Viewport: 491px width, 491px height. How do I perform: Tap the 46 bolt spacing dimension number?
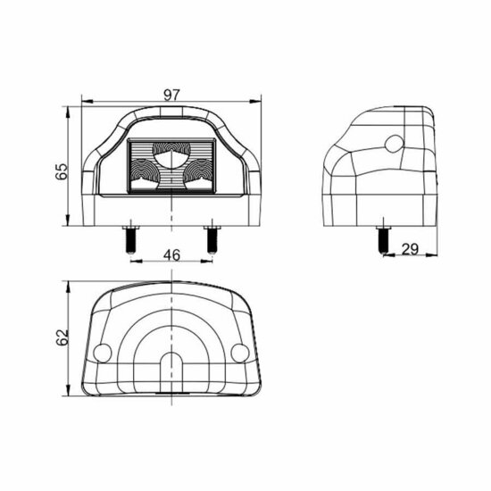point(171,255)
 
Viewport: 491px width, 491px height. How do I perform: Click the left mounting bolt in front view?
point(130,239)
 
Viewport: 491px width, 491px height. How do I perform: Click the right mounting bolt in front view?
point(212,239)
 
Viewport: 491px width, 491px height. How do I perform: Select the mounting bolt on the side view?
point(382,239)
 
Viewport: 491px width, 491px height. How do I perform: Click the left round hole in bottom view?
point(103,354)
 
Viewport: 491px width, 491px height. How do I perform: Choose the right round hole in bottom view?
point(239,354)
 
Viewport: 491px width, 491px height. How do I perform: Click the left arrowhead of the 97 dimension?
point(85,101)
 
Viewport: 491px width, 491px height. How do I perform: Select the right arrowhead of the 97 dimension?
point(258,101)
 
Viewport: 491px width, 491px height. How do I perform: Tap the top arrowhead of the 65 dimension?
point(70,109)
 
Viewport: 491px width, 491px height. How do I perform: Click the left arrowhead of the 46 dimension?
point(133,262)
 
